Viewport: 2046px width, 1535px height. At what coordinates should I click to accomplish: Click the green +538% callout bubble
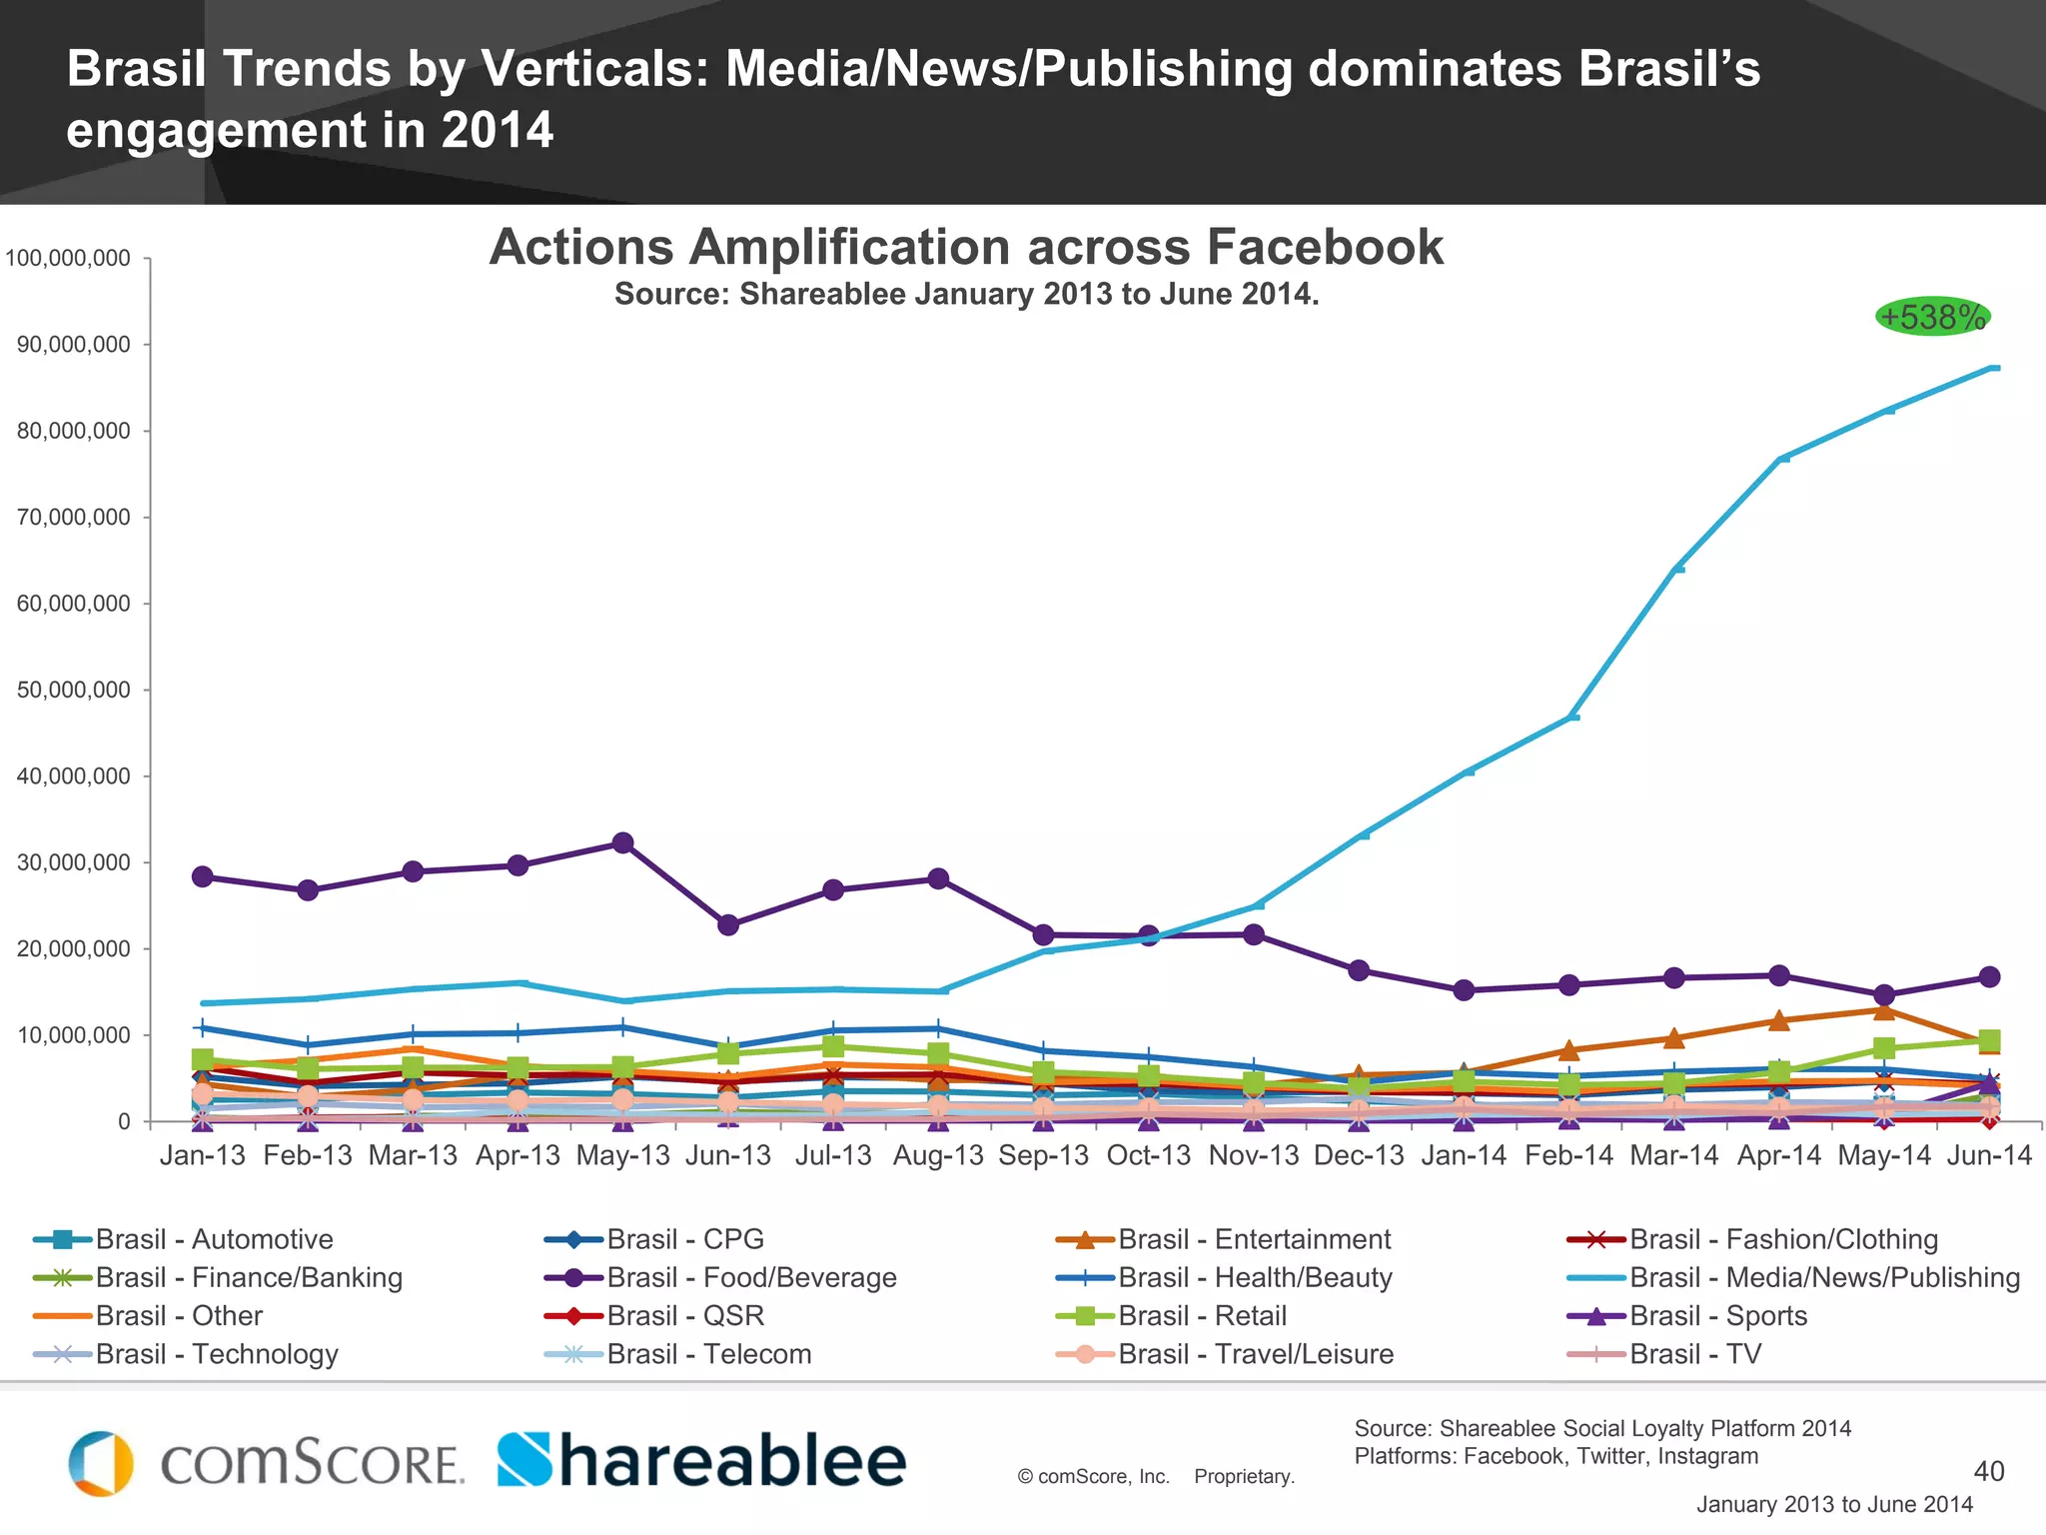point(1932,318)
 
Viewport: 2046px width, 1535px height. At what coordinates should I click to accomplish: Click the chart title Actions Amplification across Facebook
point(965,247)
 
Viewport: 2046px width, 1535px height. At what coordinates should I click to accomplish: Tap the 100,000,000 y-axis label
point(68,258)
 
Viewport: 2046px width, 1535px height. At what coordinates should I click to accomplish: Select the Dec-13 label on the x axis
point(1359,1156)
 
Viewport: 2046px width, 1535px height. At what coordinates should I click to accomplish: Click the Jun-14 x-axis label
point(1989,1156)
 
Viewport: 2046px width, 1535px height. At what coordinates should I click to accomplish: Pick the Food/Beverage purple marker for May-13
point(622,842)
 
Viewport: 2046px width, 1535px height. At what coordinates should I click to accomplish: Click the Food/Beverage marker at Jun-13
point(728,925)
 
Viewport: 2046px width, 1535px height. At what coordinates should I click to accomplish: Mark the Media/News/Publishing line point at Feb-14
point(1571,717)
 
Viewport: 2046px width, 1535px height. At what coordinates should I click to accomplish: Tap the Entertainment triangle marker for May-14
point(1884,1010)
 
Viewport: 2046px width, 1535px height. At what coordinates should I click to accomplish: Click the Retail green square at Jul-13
point(833,1046)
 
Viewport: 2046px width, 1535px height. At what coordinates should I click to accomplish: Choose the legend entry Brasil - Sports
point(1717,1316)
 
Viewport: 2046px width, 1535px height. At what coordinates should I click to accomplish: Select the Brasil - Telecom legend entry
point(708,1354)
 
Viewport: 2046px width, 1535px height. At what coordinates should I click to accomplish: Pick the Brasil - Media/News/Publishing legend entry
point(1824,1277)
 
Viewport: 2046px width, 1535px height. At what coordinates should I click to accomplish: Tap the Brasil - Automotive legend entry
point(214,1239)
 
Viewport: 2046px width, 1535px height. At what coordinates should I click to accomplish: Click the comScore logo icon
point(101,1463)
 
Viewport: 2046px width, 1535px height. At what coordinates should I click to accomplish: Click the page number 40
point(1988,1471)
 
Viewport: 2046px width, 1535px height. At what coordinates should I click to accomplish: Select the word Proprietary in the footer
point(1244,1477)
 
